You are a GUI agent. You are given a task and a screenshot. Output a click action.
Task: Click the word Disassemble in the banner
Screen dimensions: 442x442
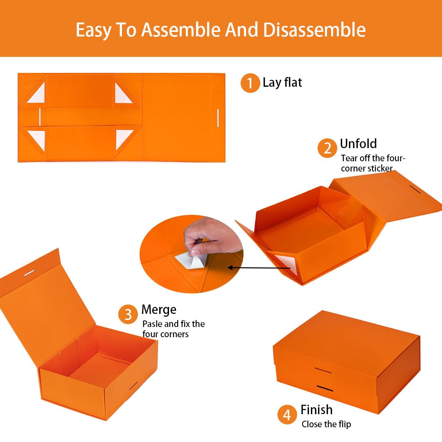point(314,30)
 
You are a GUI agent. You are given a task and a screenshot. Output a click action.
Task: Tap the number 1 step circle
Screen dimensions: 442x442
point(250,83)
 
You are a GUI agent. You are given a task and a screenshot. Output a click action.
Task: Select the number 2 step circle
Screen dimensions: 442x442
point(327,148)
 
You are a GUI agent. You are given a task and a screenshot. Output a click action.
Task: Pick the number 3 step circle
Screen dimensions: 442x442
point(128,314)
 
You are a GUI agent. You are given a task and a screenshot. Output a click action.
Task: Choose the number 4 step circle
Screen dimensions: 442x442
point(287,415)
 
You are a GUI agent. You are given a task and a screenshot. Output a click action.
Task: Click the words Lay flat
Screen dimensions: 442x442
point(282,83)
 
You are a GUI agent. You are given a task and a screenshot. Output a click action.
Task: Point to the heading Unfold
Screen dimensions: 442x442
point(358,144)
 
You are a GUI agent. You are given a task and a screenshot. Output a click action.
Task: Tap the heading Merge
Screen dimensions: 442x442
point(159,310)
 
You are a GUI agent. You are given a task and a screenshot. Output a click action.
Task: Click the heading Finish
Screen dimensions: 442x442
point(316,410)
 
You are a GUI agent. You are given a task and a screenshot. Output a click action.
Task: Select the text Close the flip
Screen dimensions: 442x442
point(326,424)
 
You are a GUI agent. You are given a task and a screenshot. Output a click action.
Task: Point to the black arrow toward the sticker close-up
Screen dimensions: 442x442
point(259,268)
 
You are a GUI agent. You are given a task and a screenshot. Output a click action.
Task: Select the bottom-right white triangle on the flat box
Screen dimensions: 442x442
point(122,138)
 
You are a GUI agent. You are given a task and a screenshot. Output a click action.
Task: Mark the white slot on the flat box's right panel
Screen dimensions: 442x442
point(218,118)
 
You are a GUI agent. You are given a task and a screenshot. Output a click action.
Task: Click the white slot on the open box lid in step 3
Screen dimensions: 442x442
point(29,273)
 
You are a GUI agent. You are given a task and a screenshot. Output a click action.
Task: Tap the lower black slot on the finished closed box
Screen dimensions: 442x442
point(325,388)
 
